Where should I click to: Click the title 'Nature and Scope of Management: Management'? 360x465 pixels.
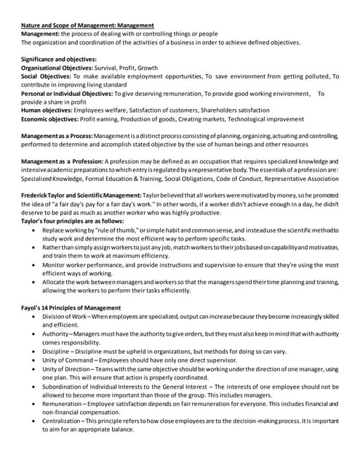tap(92, 25)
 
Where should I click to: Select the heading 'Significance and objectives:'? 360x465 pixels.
tap(59, 59)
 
